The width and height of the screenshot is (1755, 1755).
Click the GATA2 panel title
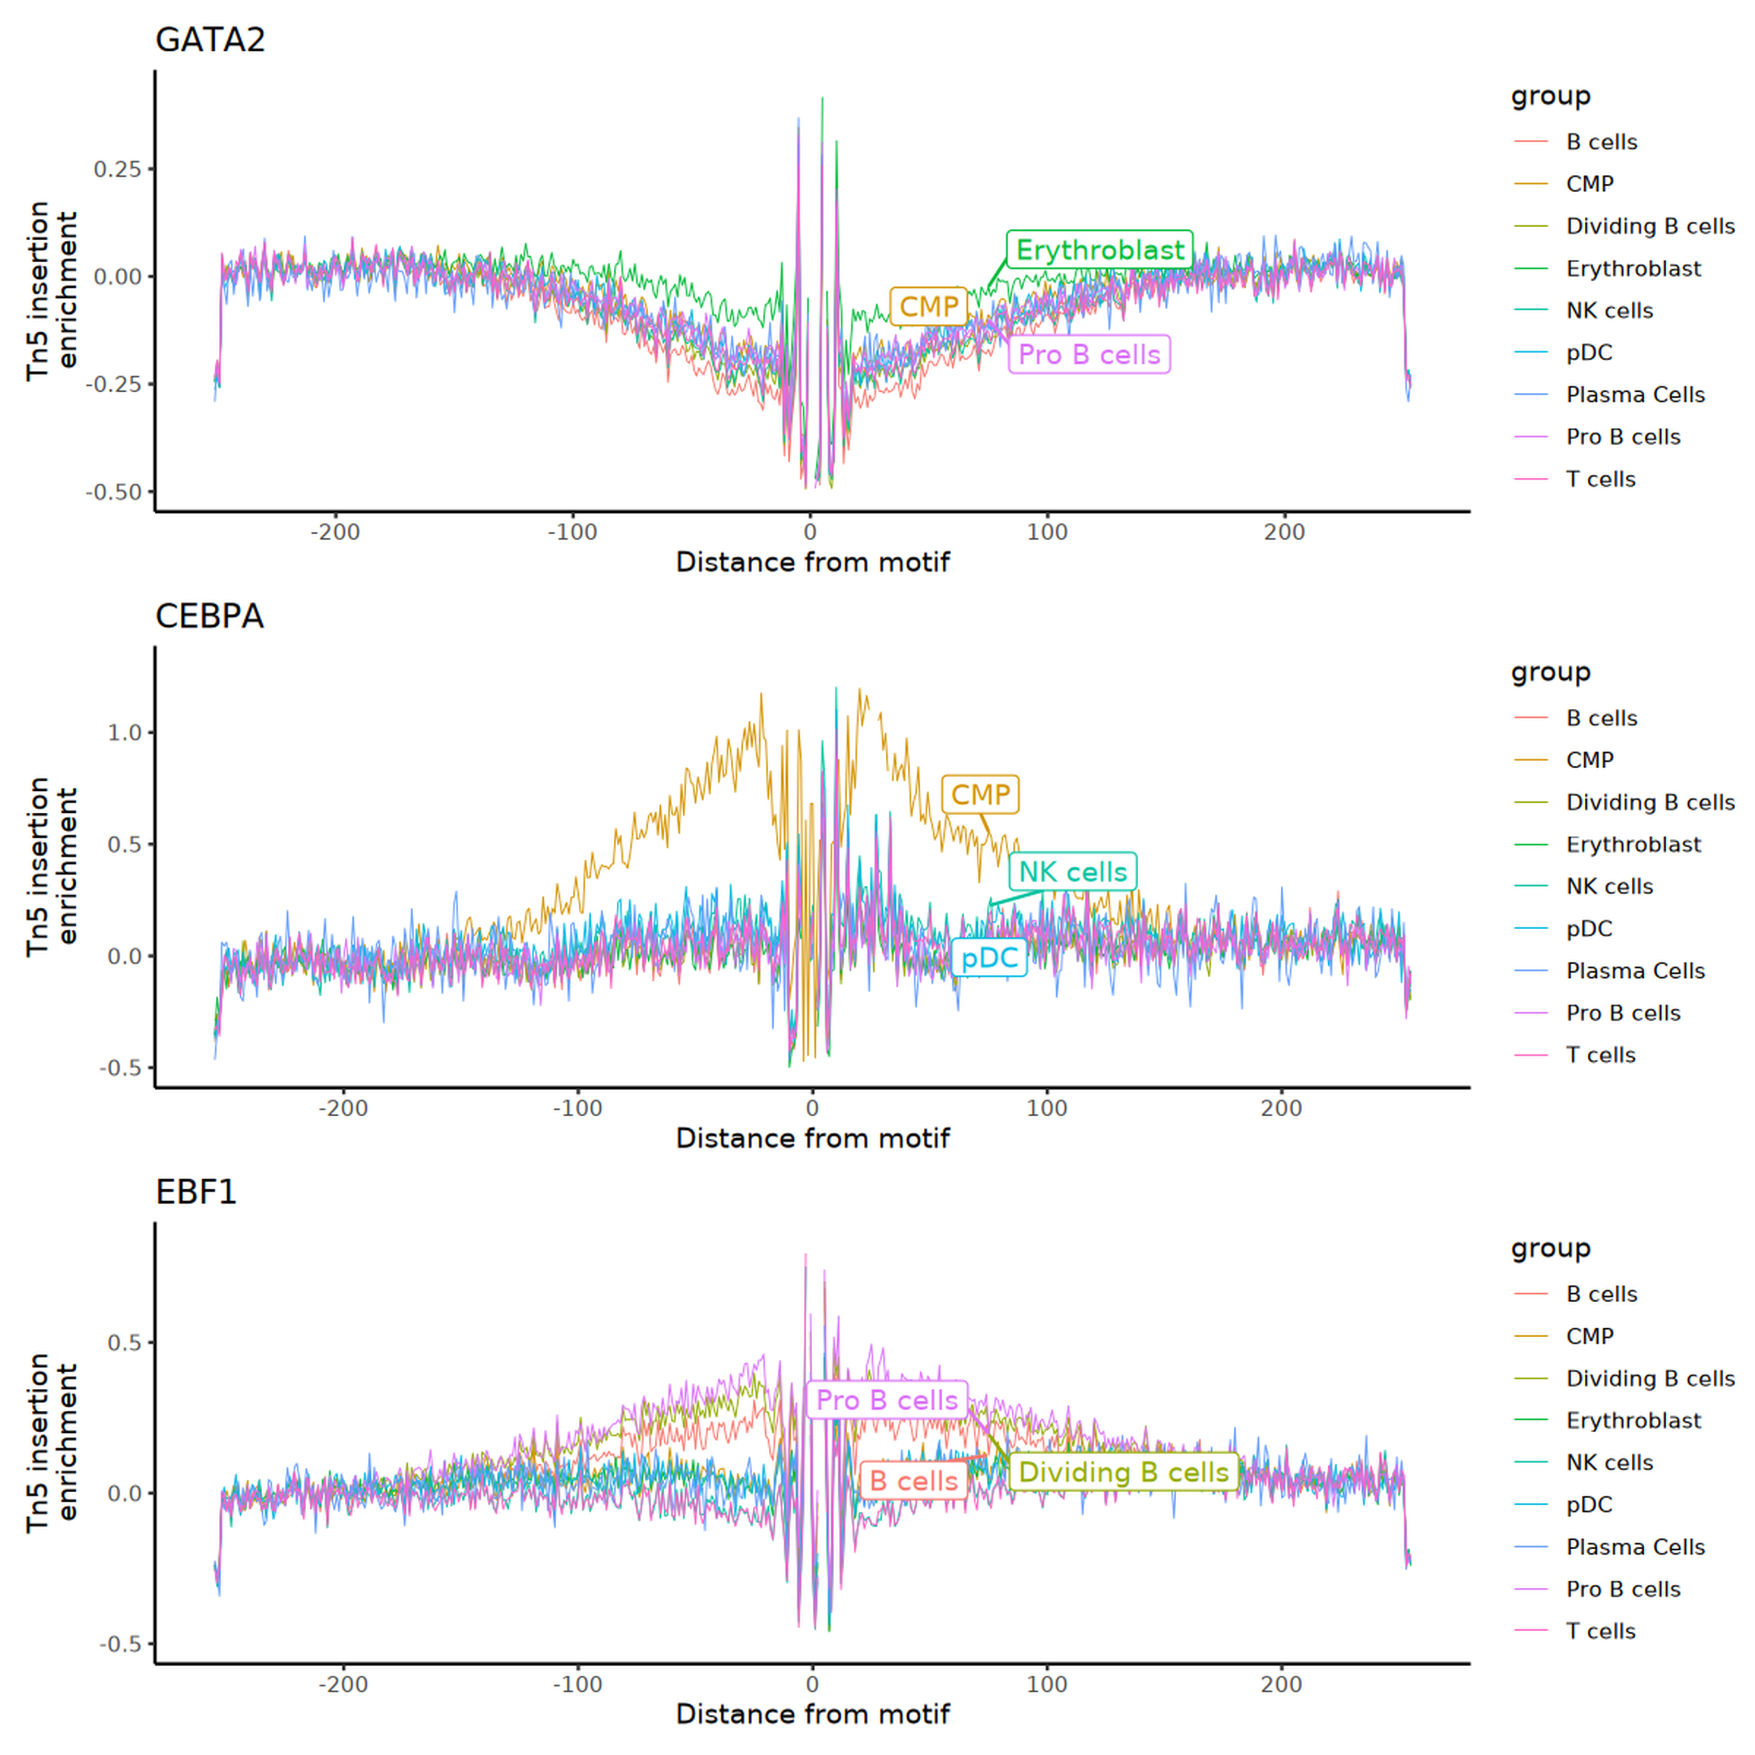click(x=210, y=40)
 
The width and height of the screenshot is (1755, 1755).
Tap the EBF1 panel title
click(x=196, y=1192)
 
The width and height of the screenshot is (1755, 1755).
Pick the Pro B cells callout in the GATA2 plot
click(x=1089, y=354)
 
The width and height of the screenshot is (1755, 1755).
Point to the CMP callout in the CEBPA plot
click(x=980, y=795)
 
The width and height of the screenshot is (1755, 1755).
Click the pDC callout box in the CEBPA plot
click(x=989, y=957)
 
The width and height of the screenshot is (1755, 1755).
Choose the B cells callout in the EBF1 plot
click(x=914, y=1481)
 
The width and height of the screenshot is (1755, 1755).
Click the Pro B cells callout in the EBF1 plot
click(x=886, y=1400)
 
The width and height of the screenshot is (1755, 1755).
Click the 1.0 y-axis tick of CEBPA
click(x=125, y=733)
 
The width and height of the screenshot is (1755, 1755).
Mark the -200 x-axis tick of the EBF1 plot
click(x=343, y=1684)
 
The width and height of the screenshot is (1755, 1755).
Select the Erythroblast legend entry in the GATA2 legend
click(x=1608, y=268)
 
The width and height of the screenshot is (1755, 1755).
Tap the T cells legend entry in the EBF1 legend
click(x=1575, y=1631)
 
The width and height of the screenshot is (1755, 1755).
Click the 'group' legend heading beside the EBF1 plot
click(x=1551, y=1248)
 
